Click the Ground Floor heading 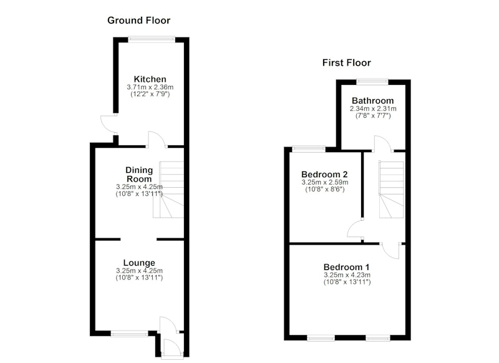(x=138, y=21)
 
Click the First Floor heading (x=347, y=62)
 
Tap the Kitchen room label (x=150, y=79)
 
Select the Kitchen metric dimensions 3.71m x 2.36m (x=150, y=87)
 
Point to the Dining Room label (x=139, y=175)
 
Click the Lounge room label (x=139, y=263)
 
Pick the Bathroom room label (x=372, y=100)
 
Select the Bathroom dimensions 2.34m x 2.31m (x=373, y=109)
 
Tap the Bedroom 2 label (x=324, y=175)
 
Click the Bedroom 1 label (x=347, y=267)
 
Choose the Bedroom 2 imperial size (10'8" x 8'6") (x=324, y=190)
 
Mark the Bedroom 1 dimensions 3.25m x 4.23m (x=347, y=275)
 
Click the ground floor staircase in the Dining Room (x=168, y=190)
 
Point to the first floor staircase (x=391, y=190)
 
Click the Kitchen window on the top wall (x=152, y=39)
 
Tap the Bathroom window (x=372, y=82)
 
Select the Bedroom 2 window (x=309, y=148)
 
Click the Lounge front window (x=129, y=334)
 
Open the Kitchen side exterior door (x=109, y=124)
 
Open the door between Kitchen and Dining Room (x=157, y=140)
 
